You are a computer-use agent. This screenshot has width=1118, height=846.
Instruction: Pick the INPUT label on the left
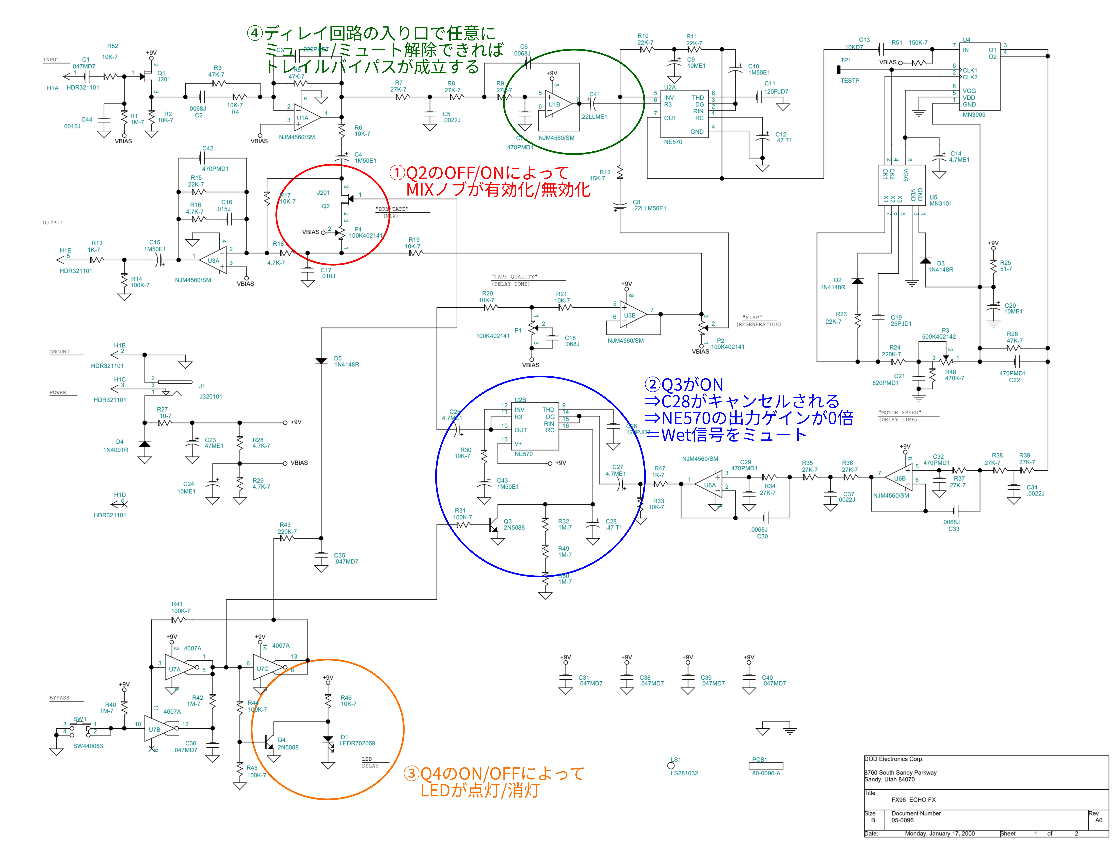[51, 60]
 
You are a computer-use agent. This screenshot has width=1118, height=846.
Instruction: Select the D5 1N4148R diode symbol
[321, 361]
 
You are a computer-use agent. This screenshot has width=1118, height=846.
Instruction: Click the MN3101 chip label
[941, 204]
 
